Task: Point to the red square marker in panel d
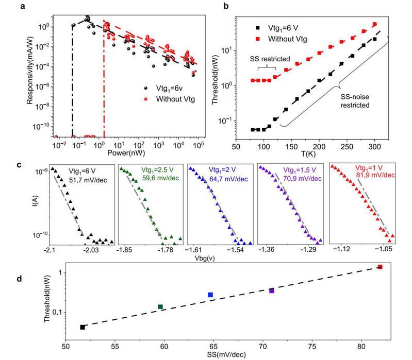[380, 267]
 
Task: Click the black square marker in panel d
[83, 327]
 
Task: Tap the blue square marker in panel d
[210, 295]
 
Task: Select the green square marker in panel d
[160, 307]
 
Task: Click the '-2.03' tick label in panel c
[91, 249]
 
